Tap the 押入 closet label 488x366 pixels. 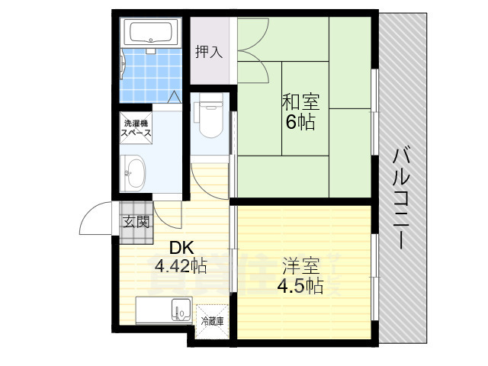coord(208,52)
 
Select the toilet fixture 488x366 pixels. coord(208,119)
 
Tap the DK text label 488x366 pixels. coord(181,248)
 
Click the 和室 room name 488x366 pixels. coord(300,101)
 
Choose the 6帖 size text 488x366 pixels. coord(300,121)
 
